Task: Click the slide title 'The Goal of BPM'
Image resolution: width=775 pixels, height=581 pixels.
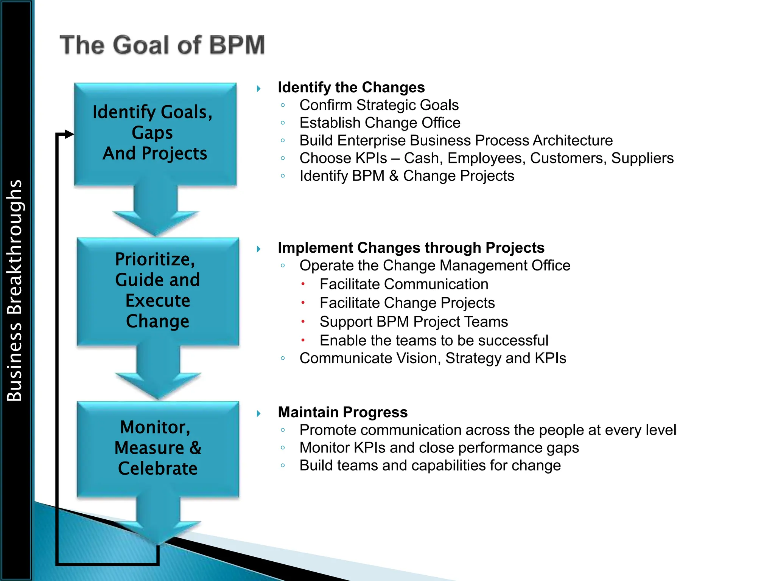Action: click(162, 45)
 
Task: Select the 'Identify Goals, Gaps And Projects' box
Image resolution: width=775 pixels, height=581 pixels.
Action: click(155, 133)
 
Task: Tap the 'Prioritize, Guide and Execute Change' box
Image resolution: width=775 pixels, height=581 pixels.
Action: click(157, 290)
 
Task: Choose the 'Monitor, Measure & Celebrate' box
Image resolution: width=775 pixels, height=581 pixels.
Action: click(157, 448)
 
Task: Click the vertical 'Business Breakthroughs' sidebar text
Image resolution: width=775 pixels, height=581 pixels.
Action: click(15, 290)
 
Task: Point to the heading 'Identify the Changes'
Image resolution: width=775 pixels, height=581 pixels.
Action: click(351, 87)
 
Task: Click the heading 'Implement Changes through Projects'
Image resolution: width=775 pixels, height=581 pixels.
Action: click(411, 248)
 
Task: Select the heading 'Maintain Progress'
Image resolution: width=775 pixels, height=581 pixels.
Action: click(342, 412)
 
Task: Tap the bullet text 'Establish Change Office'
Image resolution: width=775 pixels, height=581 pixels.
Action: click(380, 123)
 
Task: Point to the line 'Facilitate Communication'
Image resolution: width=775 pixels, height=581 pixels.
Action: click(404, 284)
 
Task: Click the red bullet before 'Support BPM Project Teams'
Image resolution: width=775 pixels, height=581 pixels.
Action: click(303, 322)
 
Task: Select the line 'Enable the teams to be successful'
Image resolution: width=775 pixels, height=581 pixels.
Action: click(434, 340)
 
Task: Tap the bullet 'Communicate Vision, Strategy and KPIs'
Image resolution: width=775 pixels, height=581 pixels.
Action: click(433, 358)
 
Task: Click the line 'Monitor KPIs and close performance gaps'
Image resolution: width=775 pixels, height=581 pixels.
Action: click(439, 447)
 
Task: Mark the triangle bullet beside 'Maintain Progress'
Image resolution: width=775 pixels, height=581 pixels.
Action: click(259, 413)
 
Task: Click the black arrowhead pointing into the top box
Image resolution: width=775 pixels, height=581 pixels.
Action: click(69, 134)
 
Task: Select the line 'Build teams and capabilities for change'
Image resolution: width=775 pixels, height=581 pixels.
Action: click(430, 465)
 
